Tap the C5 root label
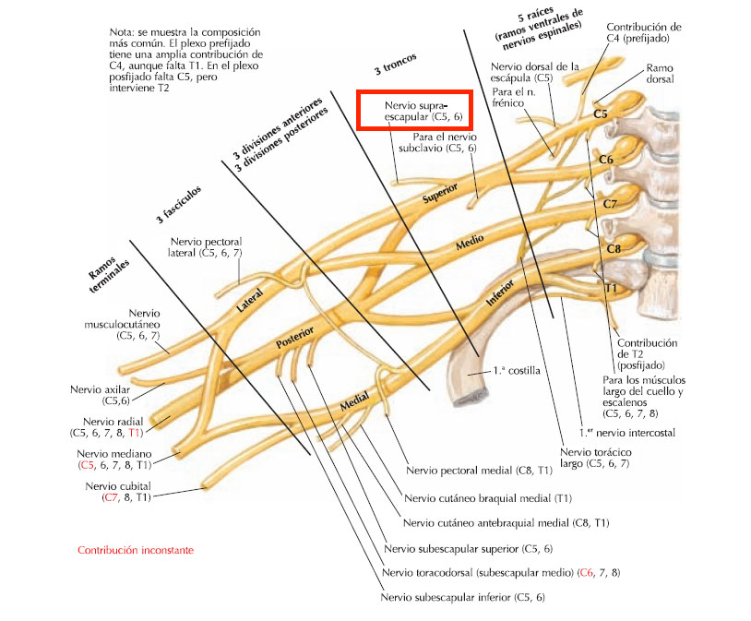pos(600,114)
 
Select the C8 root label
pos(614,249)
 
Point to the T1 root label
pos(610,288)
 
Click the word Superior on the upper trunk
pos(440,193)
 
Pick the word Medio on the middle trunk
pos(470,242)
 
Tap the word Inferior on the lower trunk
pos(500,293)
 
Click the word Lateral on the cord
pos(250,301)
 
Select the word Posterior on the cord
pos(295,337)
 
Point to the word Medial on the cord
pos(355,401)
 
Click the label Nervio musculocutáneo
pos(122,325)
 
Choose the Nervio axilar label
pos(100,395)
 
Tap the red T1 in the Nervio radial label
pos(136,433)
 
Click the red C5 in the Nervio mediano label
pos(87,465)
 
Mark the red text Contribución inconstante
pos(136,550)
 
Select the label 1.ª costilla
pos(517,370)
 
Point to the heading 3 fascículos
pos(179,205)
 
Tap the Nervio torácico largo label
pos(595,458)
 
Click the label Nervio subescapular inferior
pos(462,598)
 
